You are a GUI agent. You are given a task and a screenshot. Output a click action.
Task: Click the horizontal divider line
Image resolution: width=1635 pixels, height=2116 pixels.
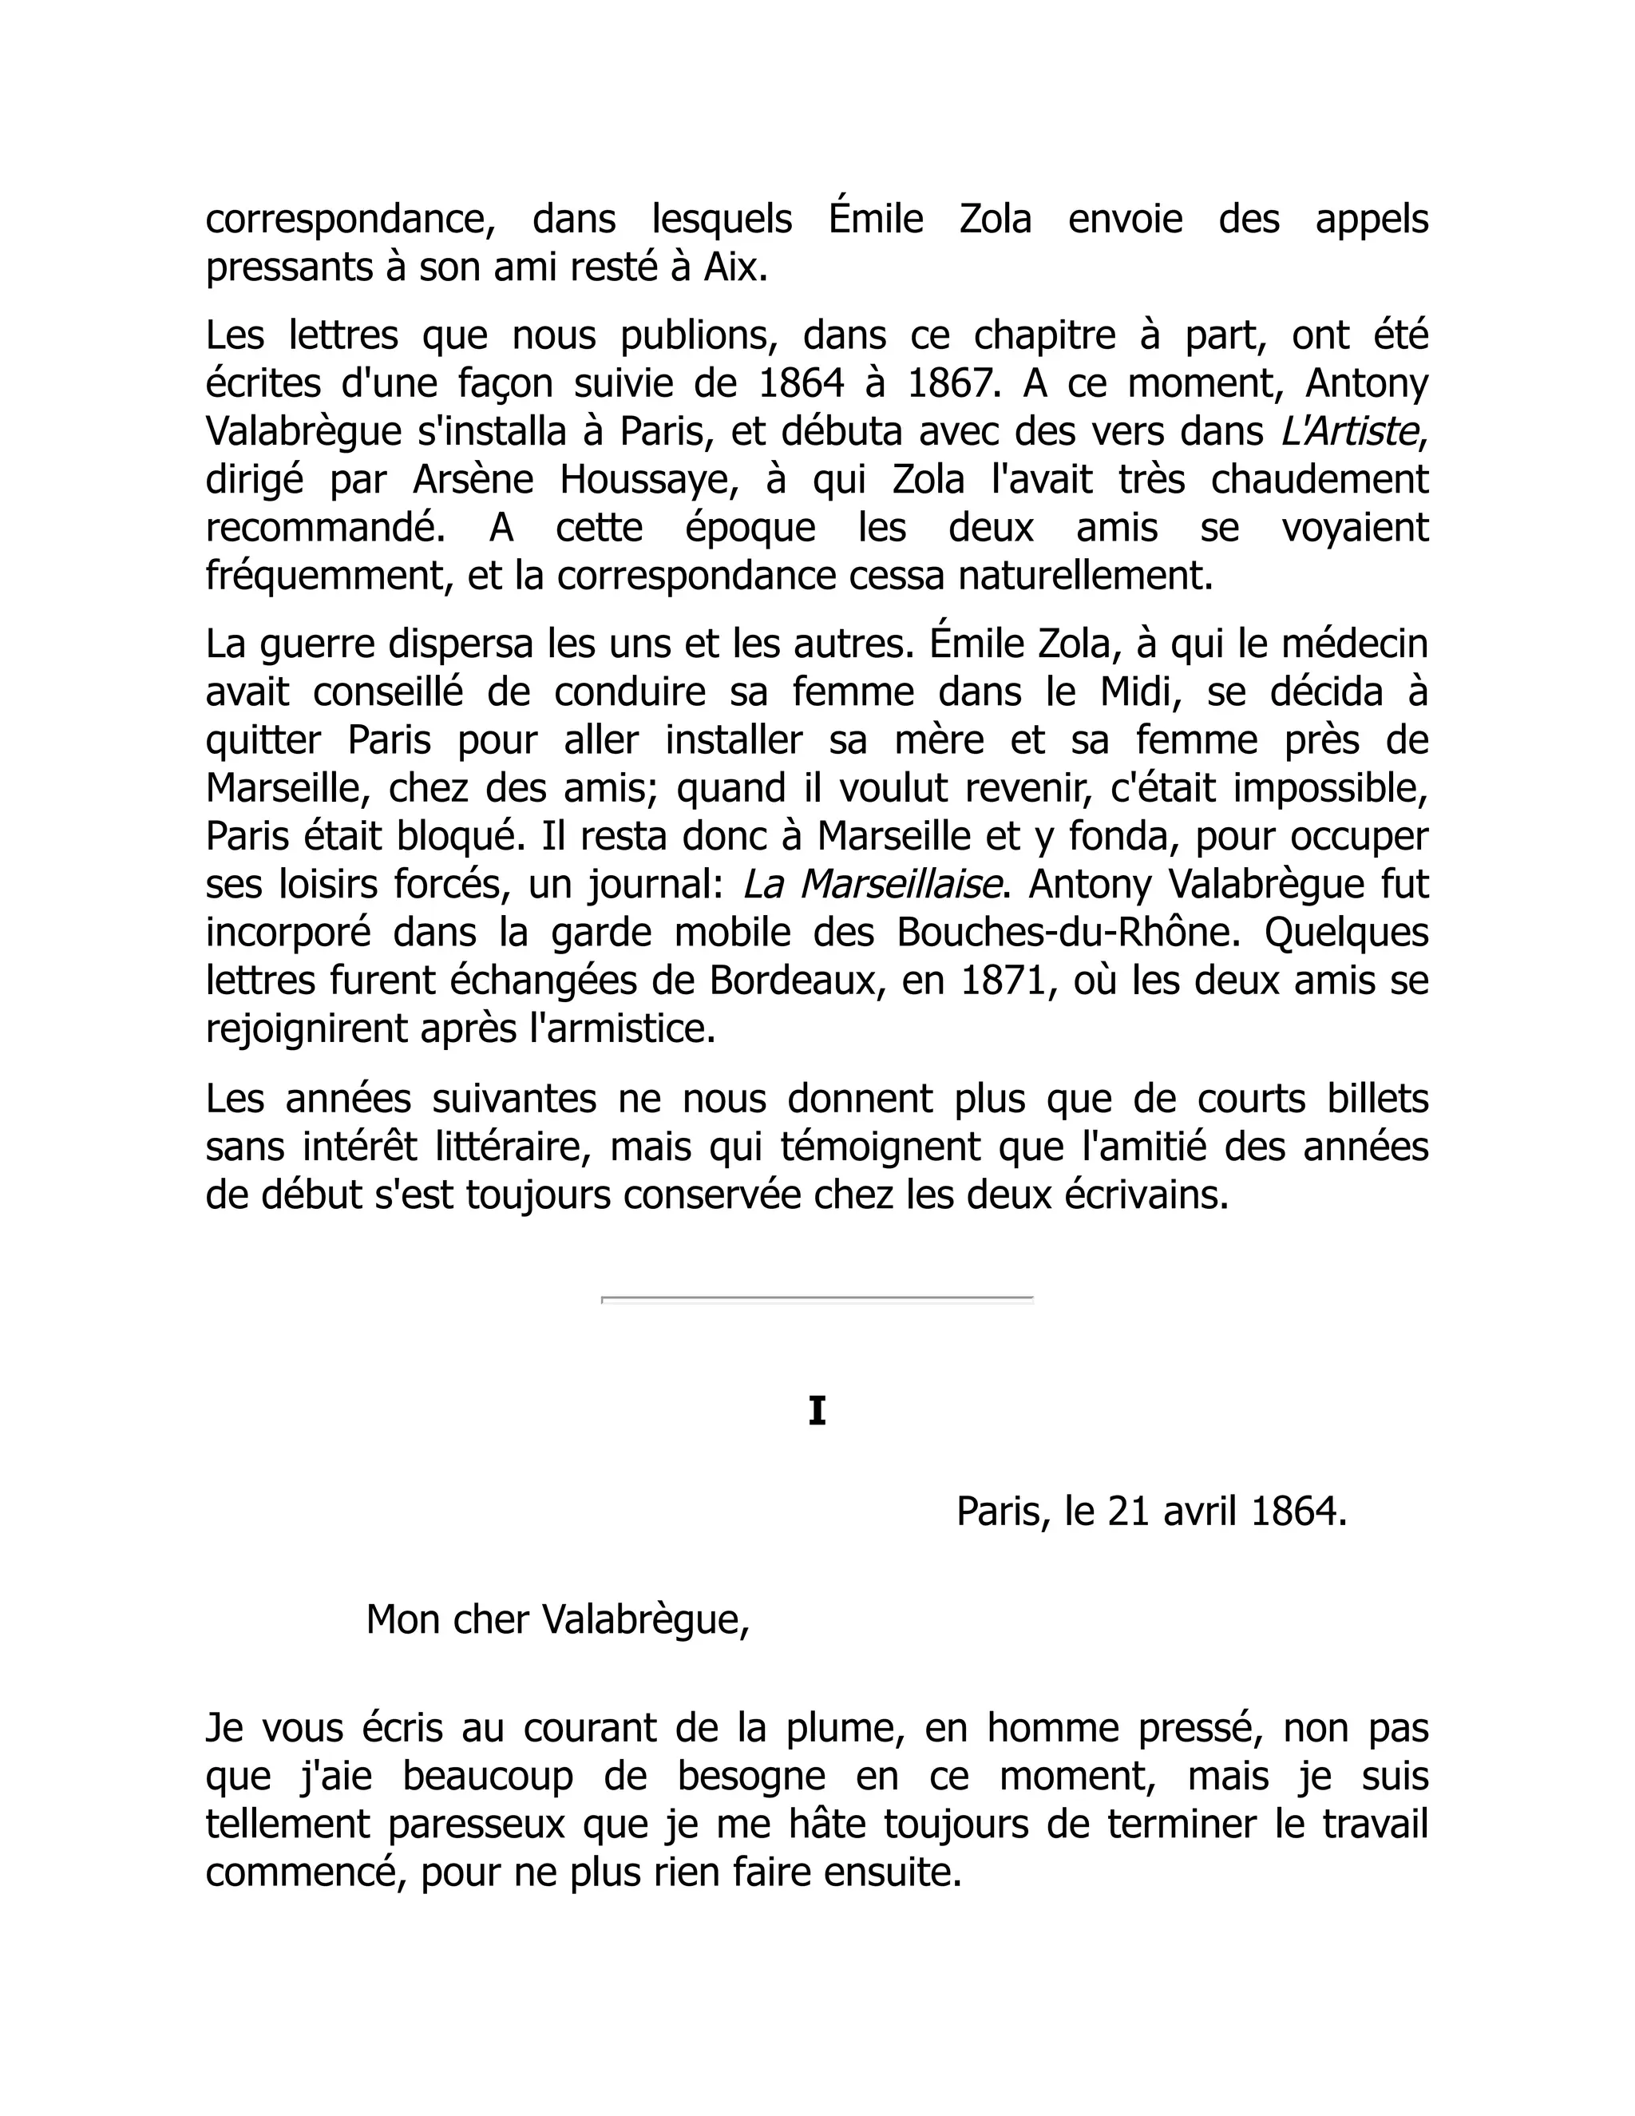coord(817,1298)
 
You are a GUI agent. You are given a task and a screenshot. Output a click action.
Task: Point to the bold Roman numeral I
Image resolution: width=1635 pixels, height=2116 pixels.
coord(817,1412)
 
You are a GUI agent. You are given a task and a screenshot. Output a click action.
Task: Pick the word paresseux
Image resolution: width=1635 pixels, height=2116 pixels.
coord(477,1825)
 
